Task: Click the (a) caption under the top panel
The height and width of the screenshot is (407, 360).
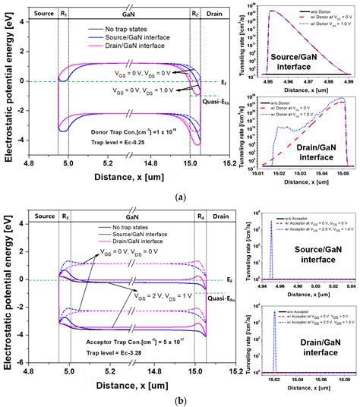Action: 180,197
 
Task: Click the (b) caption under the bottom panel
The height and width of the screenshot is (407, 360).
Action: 180,400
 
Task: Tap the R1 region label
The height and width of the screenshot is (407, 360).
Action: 64,14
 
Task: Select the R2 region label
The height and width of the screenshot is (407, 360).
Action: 195,14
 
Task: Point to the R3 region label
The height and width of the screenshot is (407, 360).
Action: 64,216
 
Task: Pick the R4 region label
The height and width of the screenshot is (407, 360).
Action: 195,216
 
